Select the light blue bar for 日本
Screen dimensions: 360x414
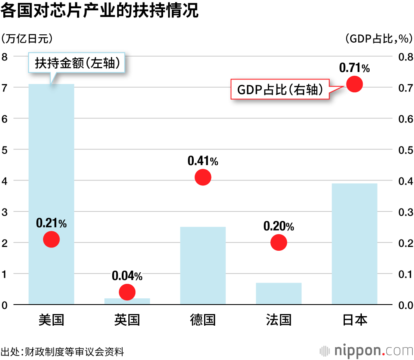point(354,244)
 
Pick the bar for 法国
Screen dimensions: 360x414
point(279,294)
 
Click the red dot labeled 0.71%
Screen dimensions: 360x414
point(354,84)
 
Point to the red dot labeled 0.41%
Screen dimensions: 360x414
point(203,177)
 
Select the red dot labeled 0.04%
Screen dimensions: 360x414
point(127,292)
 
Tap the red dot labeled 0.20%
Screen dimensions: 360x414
point(279,242)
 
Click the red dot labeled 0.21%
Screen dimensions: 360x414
point(51,239)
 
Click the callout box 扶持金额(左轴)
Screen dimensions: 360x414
point(77,63)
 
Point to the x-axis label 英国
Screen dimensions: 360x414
point(127,319)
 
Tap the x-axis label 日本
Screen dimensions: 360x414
point(354,319)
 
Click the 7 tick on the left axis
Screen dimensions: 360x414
point(5,87)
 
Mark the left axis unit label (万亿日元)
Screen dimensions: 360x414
point(27,38)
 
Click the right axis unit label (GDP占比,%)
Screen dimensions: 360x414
point(378,38)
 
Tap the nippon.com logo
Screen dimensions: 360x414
point(366,351)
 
